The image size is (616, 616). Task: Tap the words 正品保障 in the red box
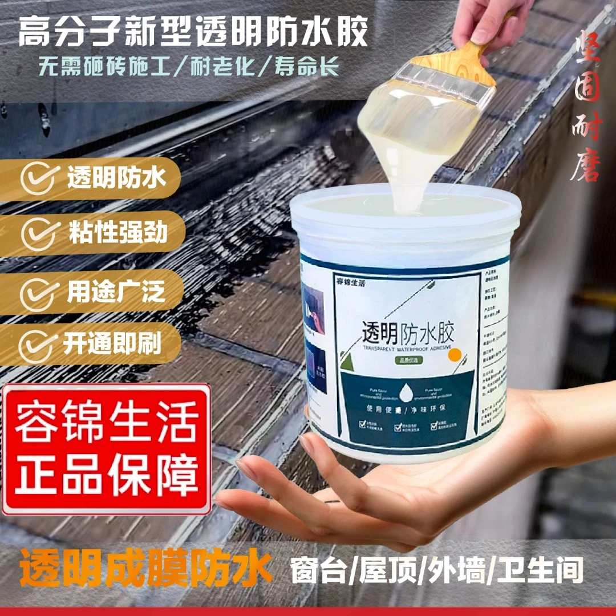107,473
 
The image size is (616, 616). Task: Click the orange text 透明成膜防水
146,570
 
